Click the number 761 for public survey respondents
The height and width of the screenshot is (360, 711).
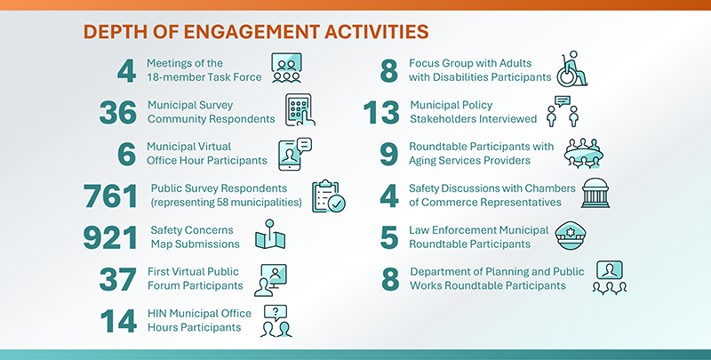pyautogui.click(x=110, y=196)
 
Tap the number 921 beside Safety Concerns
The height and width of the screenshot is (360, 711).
pyautogui.click(x=110, y=237)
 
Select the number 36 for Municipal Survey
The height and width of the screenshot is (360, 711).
pyautogui.click(x=118, y=112)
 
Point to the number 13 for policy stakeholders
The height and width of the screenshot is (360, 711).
pyautogui.click(x=382, y=112)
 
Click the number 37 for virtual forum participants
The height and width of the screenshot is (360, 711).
pyautogui.click(x=118, y=279)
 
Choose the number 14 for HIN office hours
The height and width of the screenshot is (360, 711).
pyautogui.click(x=118, y=320)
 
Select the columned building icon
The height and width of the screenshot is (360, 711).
pyautogui.click(x=597, y=194)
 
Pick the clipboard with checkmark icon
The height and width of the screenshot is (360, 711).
pyautogui.click(x=326, y=196)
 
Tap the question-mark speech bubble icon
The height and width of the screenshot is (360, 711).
pyautogui.click(x=276, y=321)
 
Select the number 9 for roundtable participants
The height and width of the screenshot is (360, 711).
pyautogui.click(x=388, y=154)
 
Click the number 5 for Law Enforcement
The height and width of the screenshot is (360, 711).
pyautogui.click(x=388, y=237)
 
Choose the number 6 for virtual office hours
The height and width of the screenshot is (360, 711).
pyautogui.click(x=125, y=154)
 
